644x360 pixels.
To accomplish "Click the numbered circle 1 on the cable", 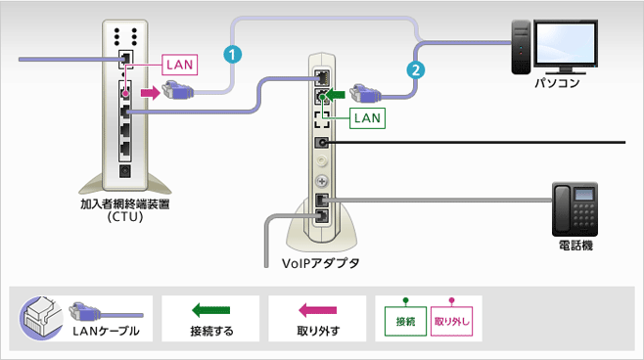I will coord(232,54).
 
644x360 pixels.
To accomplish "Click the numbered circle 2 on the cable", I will coord(417,69).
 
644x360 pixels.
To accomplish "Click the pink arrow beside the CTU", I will coord(148,93).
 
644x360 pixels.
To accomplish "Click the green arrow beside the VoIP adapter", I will coord(337,95).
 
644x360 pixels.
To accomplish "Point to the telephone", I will coord(575,206).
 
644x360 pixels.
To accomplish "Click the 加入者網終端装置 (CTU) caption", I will coord(123,210).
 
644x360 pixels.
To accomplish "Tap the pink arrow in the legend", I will coord(317,310).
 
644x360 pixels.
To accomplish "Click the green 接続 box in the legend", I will coord(405,321).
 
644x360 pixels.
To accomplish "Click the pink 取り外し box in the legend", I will coord(451,321).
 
